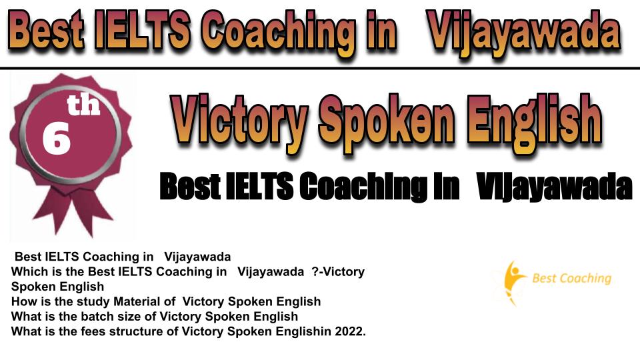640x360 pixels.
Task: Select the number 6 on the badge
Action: tap(56, 139)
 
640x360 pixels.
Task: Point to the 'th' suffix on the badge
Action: tap(83, 105)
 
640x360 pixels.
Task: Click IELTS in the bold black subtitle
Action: tap(259, 187)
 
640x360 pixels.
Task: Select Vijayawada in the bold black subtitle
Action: tap(554, 187)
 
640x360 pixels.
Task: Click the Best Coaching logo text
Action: tap(571, 279)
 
